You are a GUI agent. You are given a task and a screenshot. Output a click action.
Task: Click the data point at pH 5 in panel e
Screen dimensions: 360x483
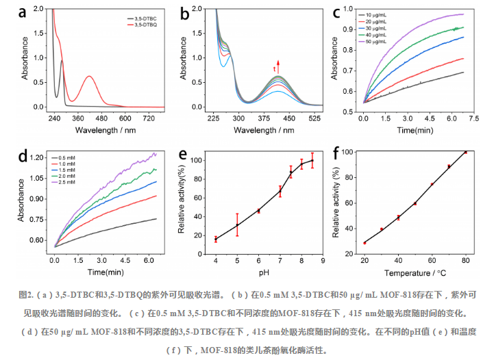coord(237,225)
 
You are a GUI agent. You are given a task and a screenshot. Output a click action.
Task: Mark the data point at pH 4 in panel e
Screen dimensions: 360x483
coord(216,239)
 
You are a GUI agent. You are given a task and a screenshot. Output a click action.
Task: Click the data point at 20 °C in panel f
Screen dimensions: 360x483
coord(364,243)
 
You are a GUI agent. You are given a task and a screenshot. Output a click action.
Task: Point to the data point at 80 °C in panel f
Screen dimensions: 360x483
coord(466,152)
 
